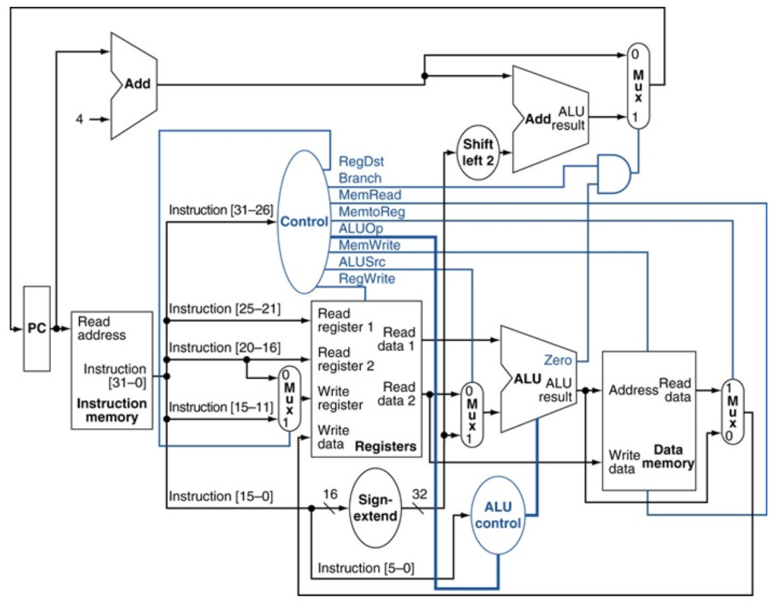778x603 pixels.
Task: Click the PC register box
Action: [36, 328]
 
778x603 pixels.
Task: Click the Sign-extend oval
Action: [377, 507]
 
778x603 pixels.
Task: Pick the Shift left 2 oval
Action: [478, 152]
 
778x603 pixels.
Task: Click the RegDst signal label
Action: [361, 162]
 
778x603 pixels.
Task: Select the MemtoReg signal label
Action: [372, 212]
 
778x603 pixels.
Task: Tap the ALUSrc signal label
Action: [362, 262]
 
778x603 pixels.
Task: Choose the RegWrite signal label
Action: [367, 279]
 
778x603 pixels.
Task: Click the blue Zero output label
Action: [558, 360]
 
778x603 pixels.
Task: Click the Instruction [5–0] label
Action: [366, 568]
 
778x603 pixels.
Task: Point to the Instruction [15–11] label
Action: [220, 407]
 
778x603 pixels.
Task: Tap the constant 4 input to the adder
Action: [80, 119]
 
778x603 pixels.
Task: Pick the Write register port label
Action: [334, 397]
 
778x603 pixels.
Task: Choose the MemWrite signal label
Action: [369, 245]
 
